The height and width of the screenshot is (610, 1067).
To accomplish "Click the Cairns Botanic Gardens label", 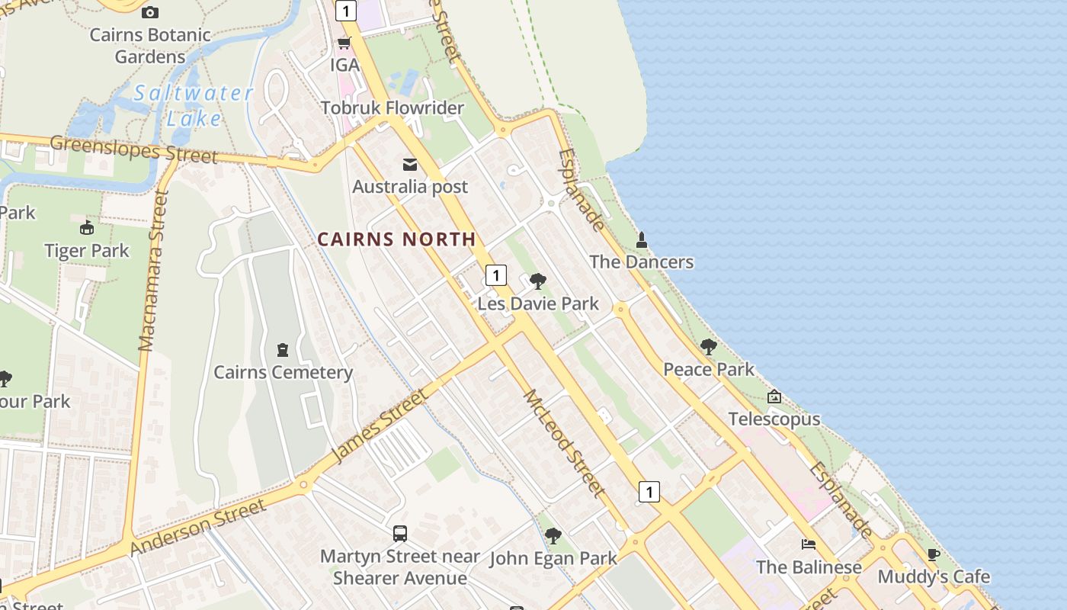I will [150, 46].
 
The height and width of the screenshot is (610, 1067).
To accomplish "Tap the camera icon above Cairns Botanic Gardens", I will [150, 12].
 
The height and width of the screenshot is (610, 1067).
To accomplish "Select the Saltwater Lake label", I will [193, 105].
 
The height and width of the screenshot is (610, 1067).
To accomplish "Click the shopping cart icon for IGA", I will [344, 43].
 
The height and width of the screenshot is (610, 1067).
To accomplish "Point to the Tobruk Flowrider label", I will [392, 108].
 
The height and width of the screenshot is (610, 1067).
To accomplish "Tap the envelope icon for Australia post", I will [410, 165].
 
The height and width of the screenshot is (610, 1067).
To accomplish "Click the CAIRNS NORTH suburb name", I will [396, 239].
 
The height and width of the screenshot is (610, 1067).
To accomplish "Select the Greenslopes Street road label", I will [134, 149].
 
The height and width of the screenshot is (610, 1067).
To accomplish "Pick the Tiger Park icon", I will [86, 228].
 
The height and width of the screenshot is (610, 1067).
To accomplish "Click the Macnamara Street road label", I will [153, 271].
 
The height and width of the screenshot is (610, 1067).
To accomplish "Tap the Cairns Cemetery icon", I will [283, 350].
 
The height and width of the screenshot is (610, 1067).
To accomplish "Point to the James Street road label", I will [379, 425].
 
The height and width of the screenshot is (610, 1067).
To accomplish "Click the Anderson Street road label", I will [198, 527].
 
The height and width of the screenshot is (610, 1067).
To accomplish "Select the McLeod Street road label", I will [565, 443].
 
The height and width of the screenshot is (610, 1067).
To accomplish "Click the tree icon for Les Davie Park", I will [538, 281].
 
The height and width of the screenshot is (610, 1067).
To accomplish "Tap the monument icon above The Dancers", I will [642, 240].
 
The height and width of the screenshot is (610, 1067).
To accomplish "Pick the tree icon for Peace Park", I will [709, 347].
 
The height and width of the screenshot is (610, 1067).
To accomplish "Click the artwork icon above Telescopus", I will [774, 396].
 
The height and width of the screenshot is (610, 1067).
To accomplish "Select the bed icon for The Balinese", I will [809, 544].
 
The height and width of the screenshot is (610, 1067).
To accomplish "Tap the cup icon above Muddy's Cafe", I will [934, 554].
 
